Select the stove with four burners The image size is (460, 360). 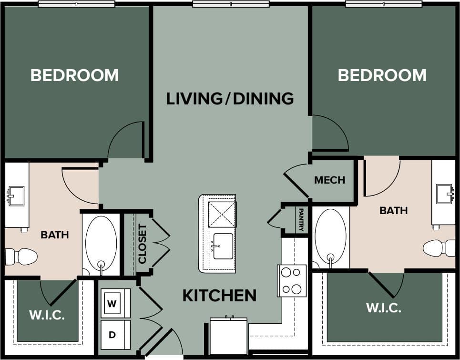tap(292, 280)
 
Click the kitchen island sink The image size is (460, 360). tap(223, 246)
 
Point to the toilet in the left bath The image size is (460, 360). tap(21, 257)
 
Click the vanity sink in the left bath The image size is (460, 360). tap(15, 196)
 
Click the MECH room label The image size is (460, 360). tap(329, 180)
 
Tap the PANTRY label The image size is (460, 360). tap(301, 219)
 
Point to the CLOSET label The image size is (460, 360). tap(143, 244)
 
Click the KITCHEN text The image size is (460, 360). tap(219, 296)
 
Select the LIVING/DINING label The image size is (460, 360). tap(230, 99)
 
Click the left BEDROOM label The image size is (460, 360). tap(74, 75)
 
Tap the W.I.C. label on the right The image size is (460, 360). tap(383, 308)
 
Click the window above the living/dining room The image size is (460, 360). tap(230, 4)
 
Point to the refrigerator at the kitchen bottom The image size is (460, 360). tap(229, 337)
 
